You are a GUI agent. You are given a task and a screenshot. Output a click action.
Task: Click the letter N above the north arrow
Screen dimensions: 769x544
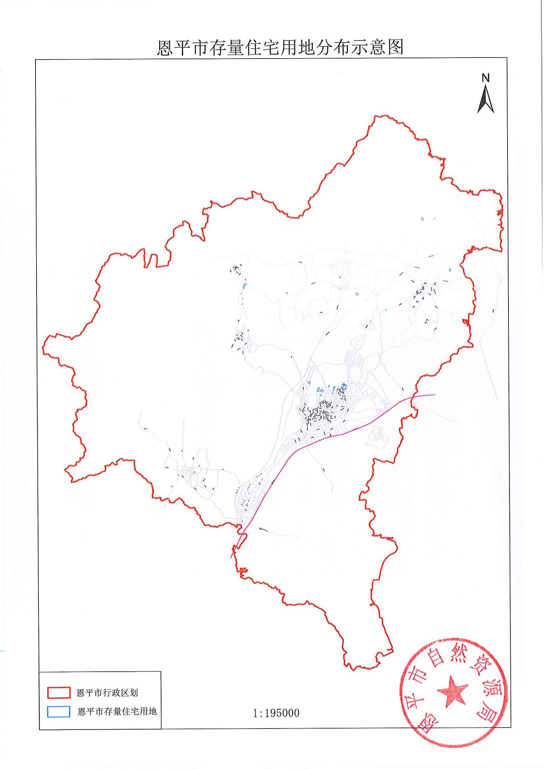485,78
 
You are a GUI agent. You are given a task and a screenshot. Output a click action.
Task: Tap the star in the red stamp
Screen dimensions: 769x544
452,691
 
